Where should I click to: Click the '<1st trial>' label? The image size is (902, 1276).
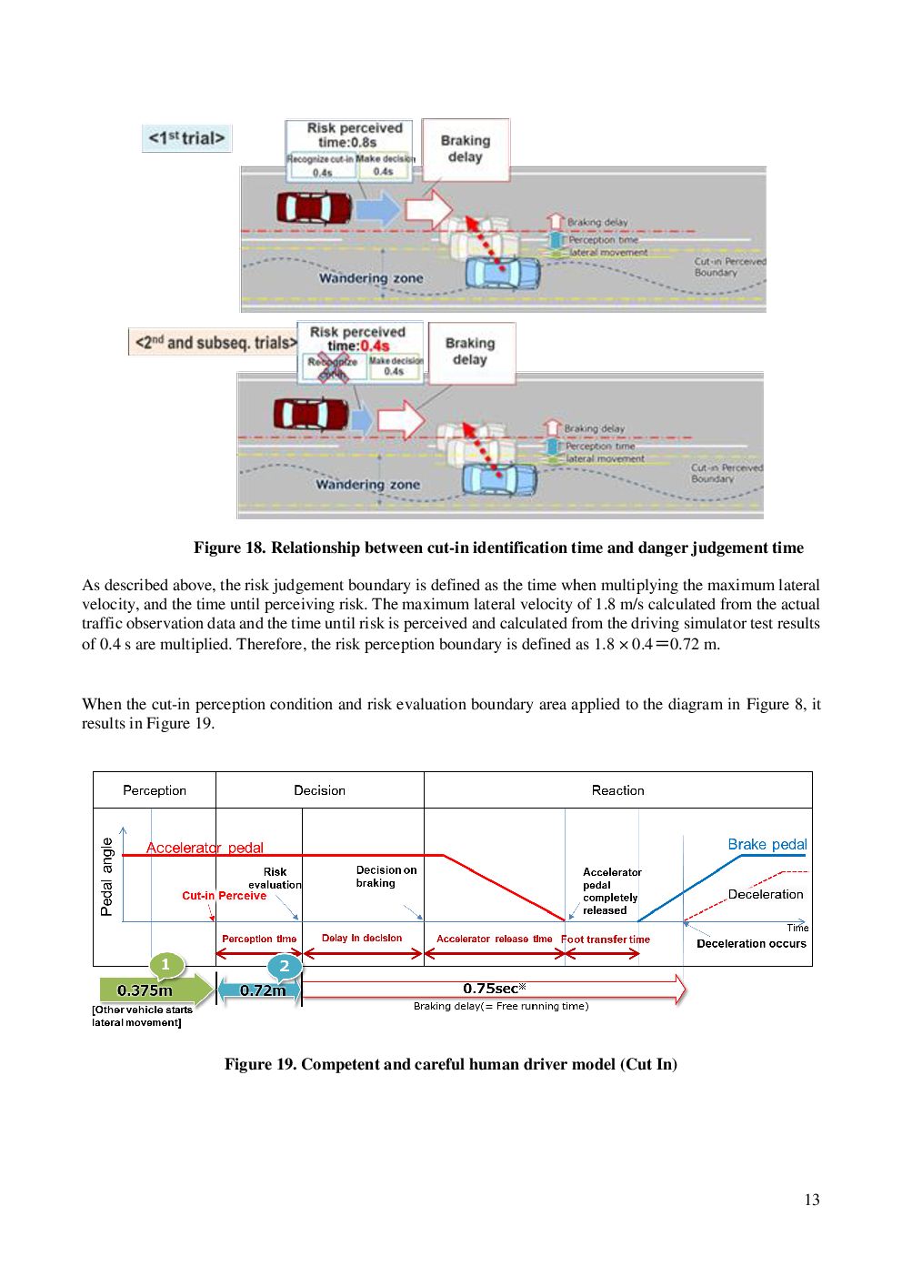186,138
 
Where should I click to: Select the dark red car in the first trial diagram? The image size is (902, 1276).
314,207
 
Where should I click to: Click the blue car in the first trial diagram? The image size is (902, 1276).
502,272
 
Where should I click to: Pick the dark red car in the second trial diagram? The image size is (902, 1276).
311,414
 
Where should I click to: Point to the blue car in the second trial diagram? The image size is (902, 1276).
499,478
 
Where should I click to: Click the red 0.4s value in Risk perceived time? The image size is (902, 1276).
375,347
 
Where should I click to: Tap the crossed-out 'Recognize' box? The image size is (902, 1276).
333,367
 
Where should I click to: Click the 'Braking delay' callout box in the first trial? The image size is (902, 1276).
466,149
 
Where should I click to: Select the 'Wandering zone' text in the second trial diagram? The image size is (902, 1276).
367,485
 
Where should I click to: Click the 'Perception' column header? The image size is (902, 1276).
155,790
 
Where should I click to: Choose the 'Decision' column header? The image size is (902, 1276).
319,790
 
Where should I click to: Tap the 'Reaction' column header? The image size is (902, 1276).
617,790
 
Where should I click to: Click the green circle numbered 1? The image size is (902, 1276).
165,965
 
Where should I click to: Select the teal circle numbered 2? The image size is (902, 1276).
285,966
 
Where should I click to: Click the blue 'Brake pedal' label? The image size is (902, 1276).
767,844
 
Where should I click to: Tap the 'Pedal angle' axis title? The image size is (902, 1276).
107,877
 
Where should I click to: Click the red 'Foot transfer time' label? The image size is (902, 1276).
606,939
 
